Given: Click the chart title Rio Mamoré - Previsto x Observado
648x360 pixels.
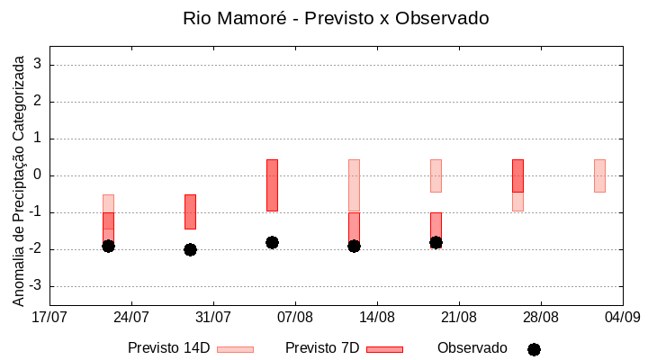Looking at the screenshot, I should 336,18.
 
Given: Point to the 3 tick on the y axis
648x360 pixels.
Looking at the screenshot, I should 39,65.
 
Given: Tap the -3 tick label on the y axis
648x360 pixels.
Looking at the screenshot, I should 36,286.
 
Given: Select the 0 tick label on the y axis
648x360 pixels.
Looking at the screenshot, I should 39,175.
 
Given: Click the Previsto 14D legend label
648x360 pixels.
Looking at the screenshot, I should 168,348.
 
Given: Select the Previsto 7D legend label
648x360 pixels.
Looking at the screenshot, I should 322,348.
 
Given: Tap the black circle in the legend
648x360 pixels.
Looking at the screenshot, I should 534,349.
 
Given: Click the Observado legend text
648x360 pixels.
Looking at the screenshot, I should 472,348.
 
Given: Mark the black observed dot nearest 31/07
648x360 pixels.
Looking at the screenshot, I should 190,249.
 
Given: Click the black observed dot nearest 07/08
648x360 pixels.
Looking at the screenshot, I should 272,242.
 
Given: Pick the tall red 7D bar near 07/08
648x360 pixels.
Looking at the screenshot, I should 272,184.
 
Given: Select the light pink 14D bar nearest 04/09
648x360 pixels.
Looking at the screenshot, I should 599,175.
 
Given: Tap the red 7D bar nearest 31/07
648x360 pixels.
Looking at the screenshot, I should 190,211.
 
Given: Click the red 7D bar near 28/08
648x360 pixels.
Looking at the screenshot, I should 517,175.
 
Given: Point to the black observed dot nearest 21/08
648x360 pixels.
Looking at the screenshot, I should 436,242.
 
